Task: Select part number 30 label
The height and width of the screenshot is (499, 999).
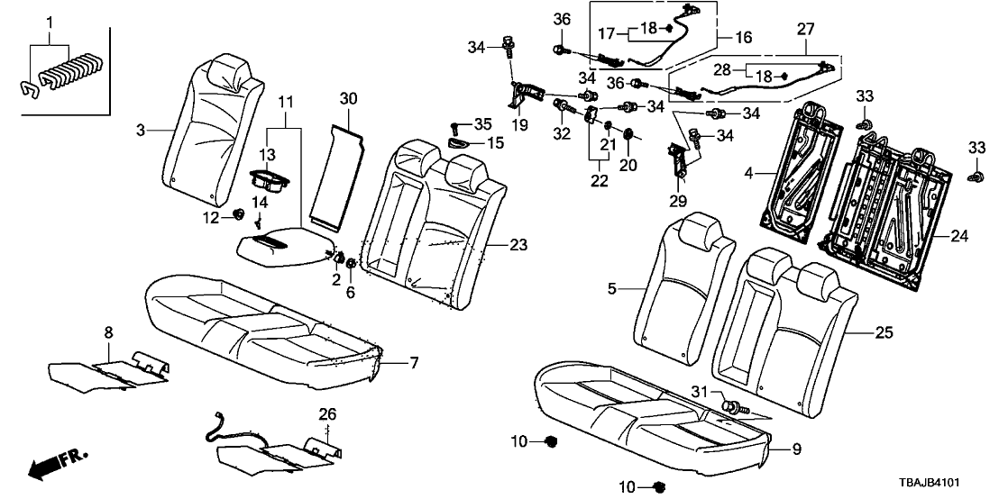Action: (x=349, y=98)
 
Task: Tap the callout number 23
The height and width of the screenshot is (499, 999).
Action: (x=518, y=246)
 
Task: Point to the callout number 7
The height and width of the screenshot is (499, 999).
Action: (x=413, y=363)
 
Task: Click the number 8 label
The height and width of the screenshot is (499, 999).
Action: (x=108, y=332)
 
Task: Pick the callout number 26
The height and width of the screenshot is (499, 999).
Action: (x=327, y=414)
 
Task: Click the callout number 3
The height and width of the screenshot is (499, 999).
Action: (x=141, y=132)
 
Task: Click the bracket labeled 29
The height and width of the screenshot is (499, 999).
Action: (x=679, y=160)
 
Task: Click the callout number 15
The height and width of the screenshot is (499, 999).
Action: (x=495, y=143)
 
